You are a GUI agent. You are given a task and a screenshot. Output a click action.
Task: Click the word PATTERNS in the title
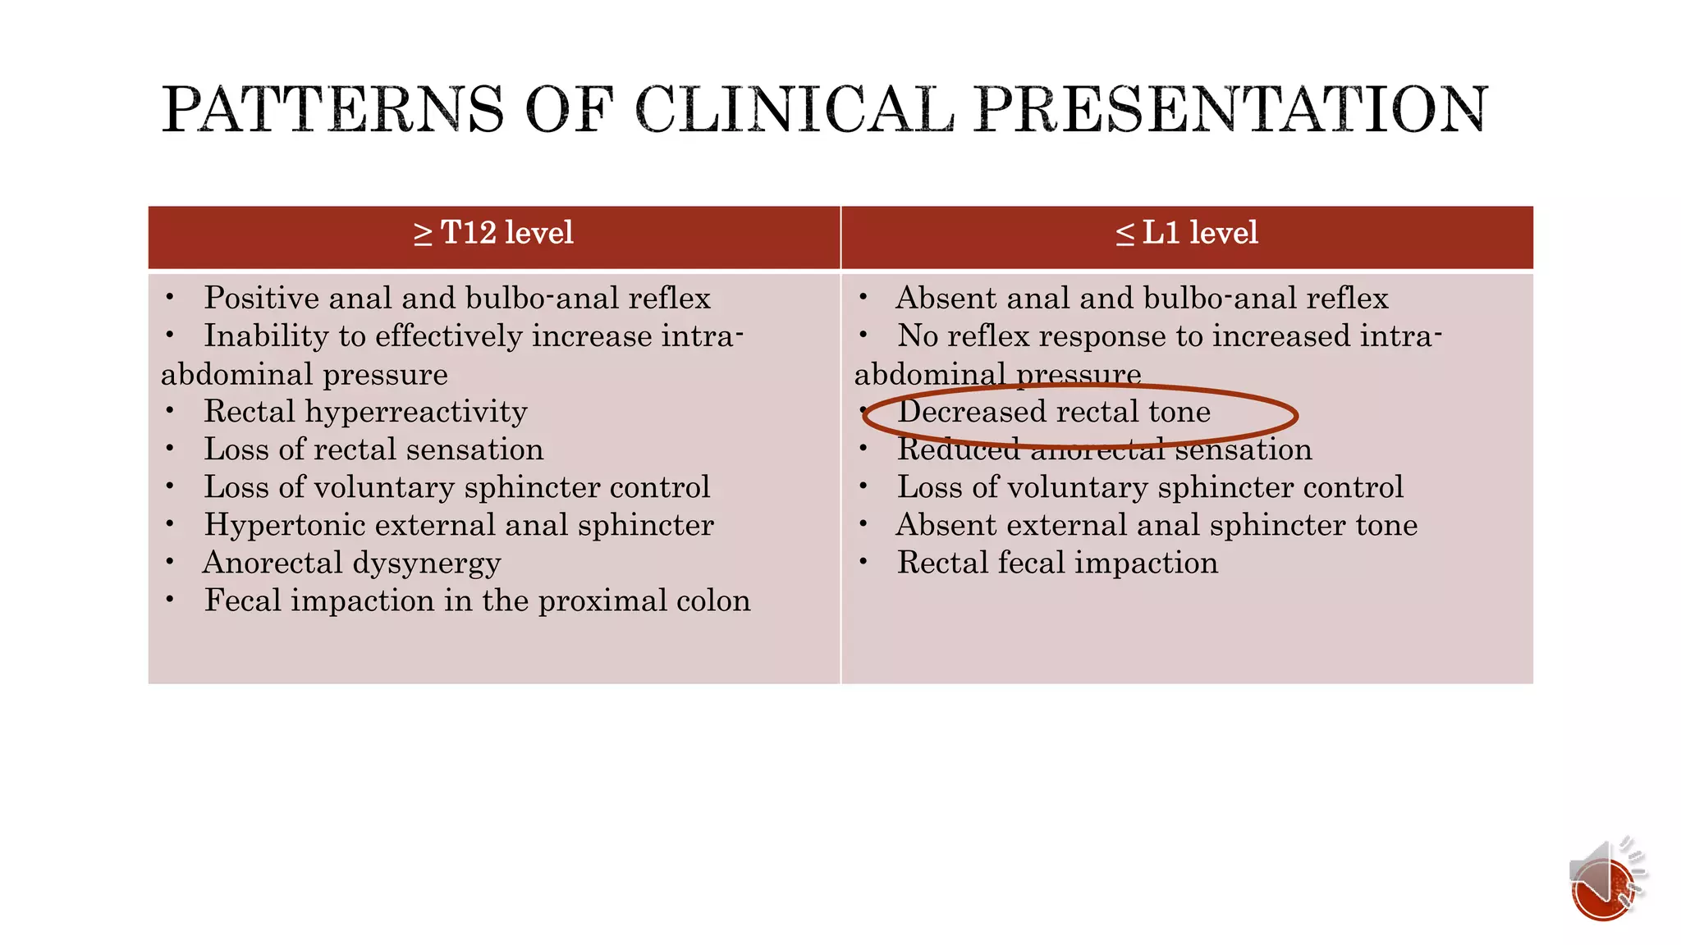(x=332, y=109)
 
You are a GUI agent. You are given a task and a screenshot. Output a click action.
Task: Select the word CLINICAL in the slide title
(x=795, y=109)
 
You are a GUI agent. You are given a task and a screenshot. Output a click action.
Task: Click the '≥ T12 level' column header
(x=493, y=233)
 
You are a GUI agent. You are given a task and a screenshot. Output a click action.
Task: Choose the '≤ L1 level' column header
(x=1187, y=233)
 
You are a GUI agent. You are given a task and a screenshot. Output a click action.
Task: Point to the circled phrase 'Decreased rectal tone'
(x=1054, y=412)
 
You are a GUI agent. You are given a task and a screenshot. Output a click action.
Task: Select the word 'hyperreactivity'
(x=416, y=412)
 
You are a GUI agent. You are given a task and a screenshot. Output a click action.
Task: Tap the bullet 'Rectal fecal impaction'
(x=1057, y=564)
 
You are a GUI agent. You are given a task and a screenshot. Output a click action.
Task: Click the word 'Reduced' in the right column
(x=958, y=450)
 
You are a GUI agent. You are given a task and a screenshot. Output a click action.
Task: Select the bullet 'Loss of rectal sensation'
(x=373, y=450)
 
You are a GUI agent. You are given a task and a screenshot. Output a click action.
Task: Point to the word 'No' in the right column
(x=918, y=336)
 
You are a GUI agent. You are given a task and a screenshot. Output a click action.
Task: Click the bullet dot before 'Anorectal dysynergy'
(x=170, y=563)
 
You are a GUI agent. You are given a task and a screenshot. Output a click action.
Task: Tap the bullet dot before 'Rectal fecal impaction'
(x=863, y=563)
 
